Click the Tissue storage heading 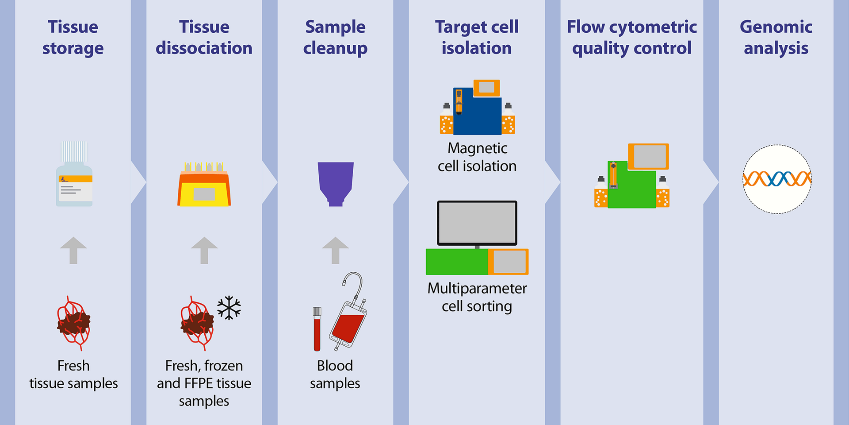pyautogui.click(x=73, y=37)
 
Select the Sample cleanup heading pyautogui.click(x=335, y=37)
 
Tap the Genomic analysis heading pyautogui.click(x=776, y=37)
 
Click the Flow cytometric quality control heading pyautogui.click(x=632, y=37)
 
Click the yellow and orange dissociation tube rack pyautogui.click(x=204, y=186)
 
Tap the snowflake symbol pyautogui.click(x=229, y=308)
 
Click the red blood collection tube pyautogui.click(x=317, y=330)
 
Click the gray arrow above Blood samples pyautogui.click(x=335, y=250)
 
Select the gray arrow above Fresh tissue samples pyautogui.click(x=73, y=250)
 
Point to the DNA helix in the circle pyautogui.click(x=777, y=179)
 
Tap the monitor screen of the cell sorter pyautogui.click(x=477, y=223)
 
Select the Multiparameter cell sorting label pyautogui.click(x=477, y=297)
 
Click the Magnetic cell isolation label pyautogui.click(x=477, y=157)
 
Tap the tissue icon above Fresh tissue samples pyautogui.click(x=73, y=324)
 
